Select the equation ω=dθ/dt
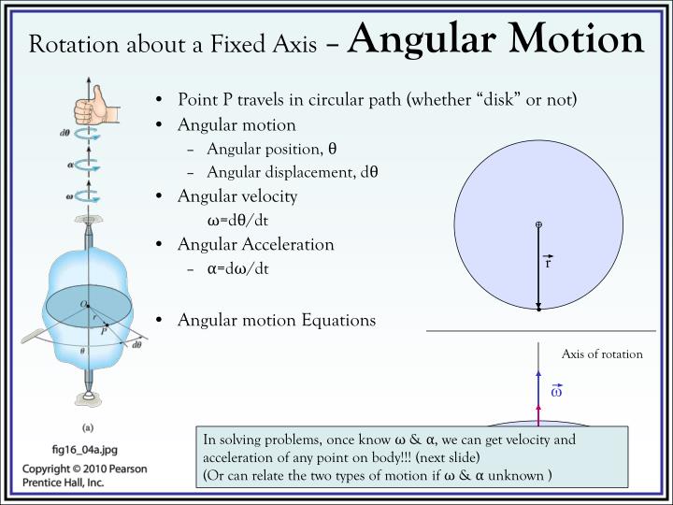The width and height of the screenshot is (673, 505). point(237,221)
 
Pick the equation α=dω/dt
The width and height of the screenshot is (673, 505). point(237,268)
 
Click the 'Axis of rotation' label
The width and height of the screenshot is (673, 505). point(602,354)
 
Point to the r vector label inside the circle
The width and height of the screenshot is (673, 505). point(548,262)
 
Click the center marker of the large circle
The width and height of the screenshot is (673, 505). point(539,224)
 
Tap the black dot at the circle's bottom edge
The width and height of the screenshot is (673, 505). point(539,310)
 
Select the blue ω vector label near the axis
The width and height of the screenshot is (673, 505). point(556,392)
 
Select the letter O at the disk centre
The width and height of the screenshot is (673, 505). point(82,303)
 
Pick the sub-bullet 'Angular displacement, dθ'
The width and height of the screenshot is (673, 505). point(293,172)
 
